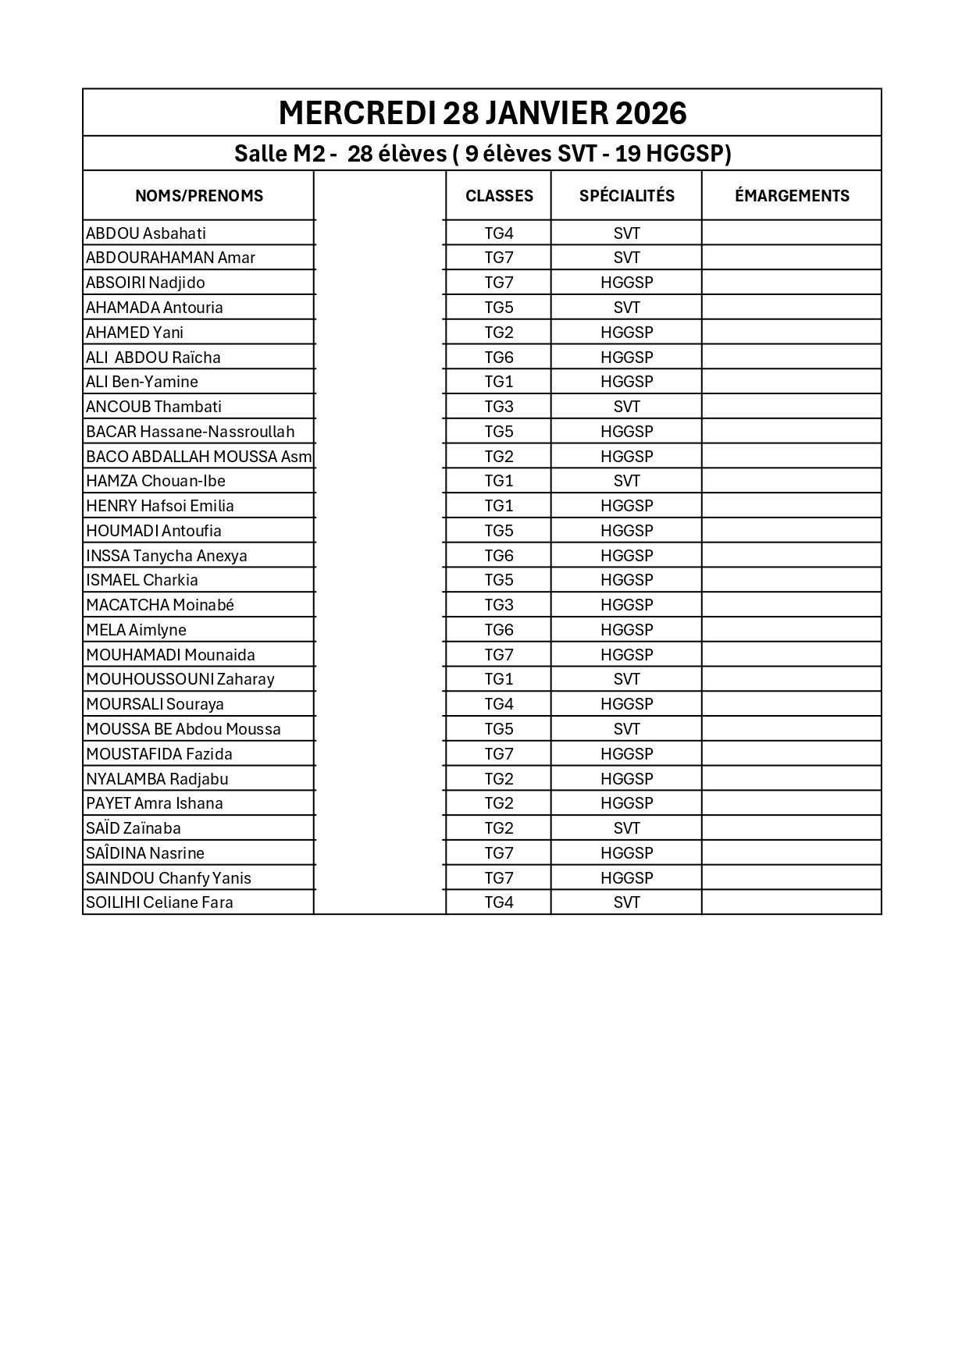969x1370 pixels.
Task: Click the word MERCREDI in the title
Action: click(x=357, y=114)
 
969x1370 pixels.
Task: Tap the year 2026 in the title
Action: click(x=650, y=114)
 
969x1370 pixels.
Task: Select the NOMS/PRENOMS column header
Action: click(x=199, y=196)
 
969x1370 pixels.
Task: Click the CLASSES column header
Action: click(x=499, y=196)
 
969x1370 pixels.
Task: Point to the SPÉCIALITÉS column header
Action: click(x=626, y=196)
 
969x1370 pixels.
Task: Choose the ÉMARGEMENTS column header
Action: click(x=791, y=196)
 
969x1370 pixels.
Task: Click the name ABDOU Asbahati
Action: click(x=146, y=233)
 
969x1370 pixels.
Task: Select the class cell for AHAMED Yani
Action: click(x=499, y=333)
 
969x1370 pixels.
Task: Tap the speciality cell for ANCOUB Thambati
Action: click(x=626, y=407)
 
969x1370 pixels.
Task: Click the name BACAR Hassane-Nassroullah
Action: click(x=191, y=432)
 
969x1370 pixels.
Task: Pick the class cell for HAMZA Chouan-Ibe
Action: click(x=499, y=481)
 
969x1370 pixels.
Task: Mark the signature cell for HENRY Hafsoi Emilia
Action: click(x=791, y=506)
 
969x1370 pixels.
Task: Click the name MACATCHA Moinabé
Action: click(x=160, y=605)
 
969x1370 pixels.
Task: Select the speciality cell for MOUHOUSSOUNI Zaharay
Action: click(x=626, y=679)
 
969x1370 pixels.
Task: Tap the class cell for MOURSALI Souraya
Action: click(x=499, y=704)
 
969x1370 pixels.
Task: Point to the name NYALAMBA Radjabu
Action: click(x=157, y=779)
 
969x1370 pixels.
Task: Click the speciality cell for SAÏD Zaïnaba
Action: click(x=626, y=828)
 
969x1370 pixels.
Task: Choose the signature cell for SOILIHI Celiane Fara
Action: click(x=791, y=902)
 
